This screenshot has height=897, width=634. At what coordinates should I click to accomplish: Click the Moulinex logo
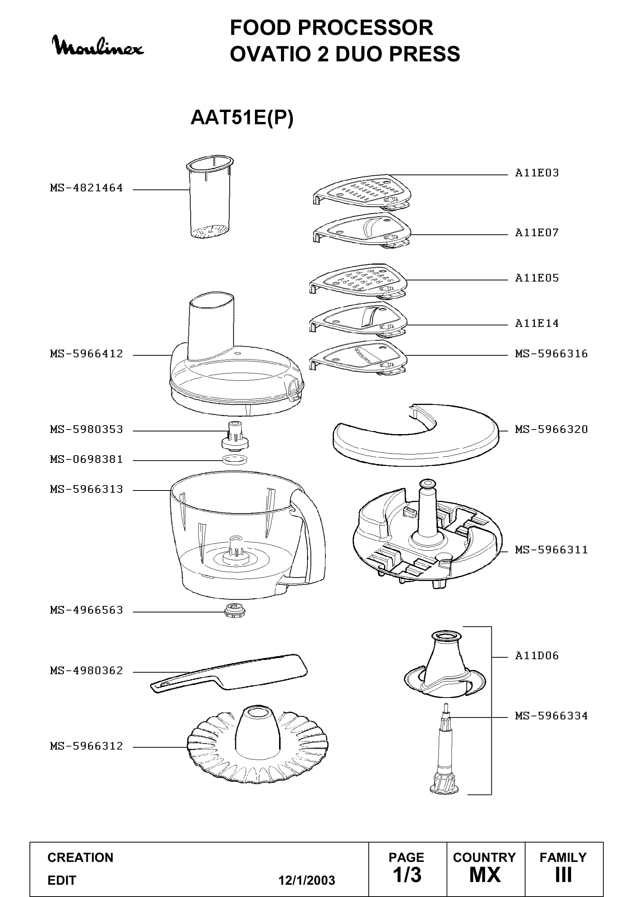point(98,46)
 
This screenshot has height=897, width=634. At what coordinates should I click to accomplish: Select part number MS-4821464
point(86,188)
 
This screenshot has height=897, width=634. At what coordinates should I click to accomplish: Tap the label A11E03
point(537,173)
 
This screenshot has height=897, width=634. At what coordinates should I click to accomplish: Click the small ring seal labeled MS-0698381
point(235,459)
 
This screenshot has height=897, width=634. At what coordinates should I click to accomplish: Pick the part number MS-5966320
point(551,430)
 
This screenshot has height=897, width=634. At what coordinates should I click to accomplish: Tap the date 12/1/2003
point(307,880)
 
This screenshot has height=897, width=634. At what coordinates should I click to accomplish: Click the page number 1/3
point(407,875)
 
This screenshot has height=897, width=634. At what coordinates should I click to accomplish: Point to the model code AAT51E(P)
point(241,117)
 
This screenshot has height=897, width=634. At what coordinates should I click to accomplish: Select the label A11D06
point(537,655)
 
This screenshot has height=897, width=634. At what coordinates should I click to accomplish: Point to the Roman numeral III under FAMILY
point(563,875)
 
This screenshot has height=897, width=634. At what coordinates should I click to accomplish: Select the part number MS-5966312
point(86,746)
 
